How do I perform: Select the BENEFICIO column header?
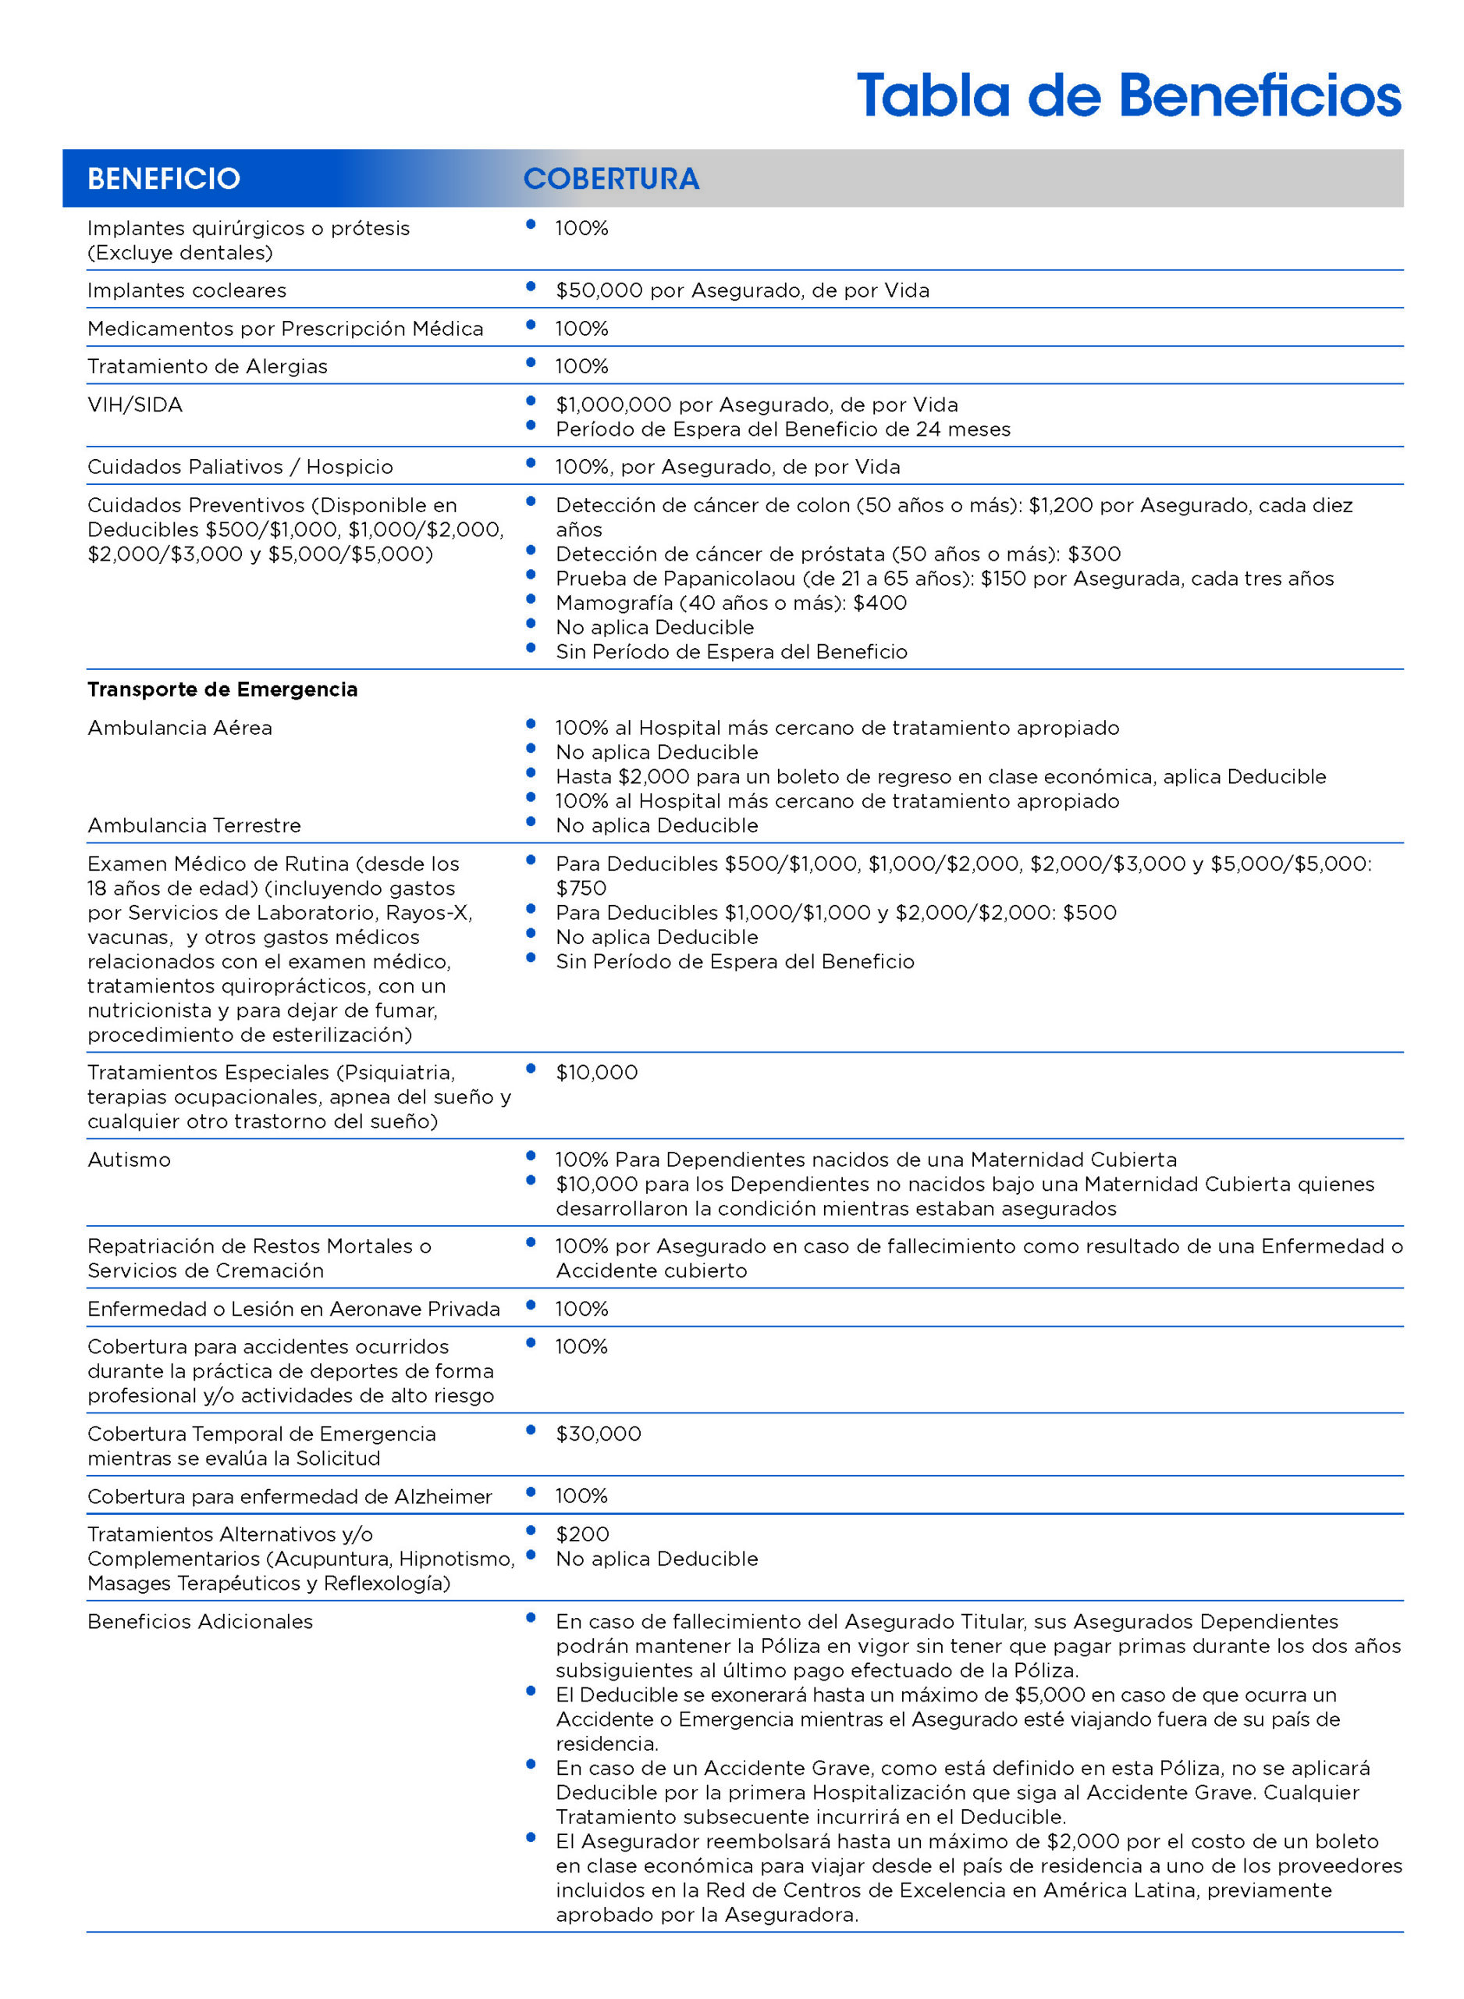click(164, 179)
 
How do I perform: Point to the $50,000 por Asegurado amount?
click(741, 290)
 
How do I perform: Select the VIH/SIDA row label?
click(135, 405)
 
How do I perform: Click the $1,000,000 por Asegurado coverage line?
click(756, 405)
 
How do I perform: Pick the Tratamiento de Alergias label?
click(208, 367)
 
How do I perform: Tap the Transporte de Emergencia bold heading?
click(222, 689)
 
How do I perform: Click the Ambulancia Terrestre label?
click(194, 825)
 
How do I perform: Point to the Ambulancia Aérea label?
click(180, 728)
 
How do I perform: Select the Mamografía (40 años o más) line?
click(730, 603)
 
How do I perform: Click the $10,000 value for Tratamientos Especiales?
click(596, 1073)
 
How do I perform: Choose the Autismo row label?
click(130, 1160)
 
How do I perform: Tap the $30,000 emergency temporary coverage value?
click(599, 1434)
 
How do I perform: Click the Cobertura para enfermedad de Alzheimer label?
click(289, 1496)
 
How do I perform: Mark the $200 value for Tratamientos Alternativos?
click(582, 1534)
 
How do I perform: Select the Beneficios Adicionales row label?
click(201, 1621)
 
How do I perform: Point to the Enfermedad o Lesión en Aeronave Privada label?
click(293, 1310)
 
